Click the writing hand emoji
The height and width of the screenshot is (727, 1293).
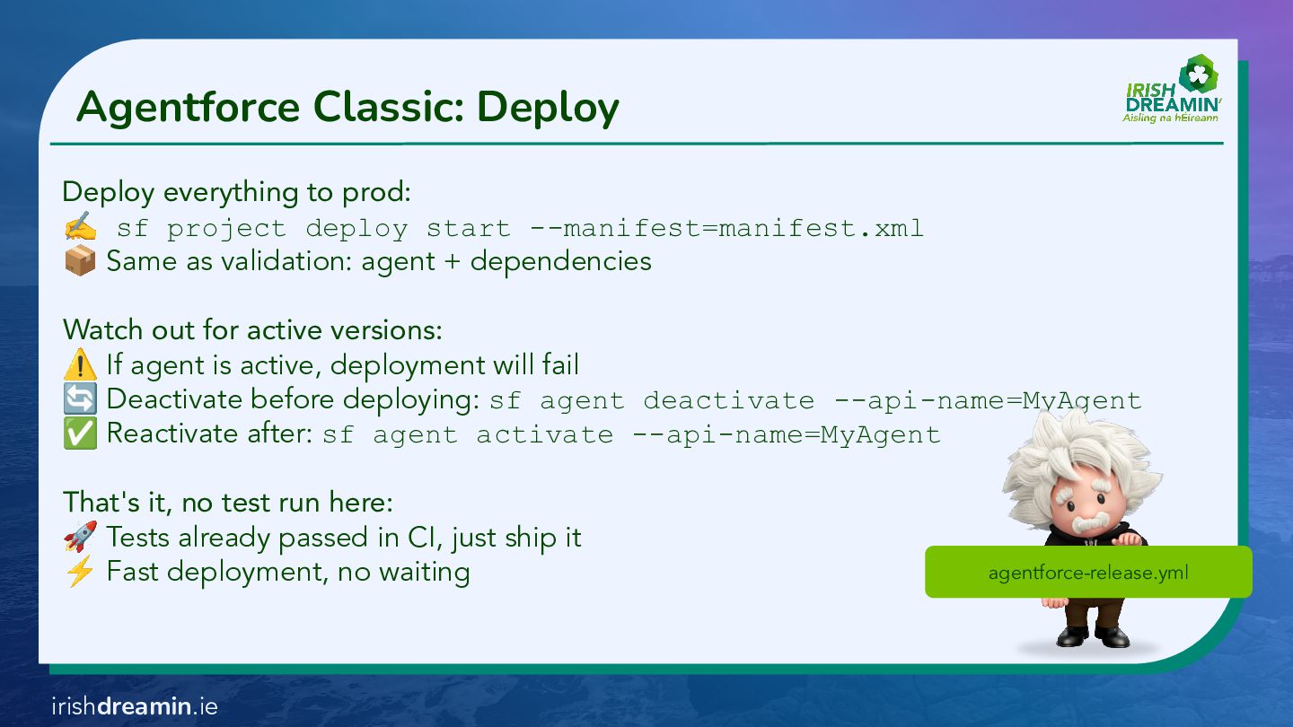click(x=80, y=228)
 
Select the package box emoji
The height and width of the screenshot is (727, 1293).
click(x=80, y=261)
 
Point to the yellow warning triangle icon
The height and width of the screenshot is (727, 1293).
click(x=80, y=365)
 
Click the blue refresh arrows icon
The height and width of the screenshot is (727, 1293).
click(x=80, y=399)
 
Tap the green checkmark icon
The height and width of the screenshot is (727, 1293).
click(x=80, y=434)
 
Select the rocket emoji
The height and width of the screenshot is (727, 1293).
click(x=80, y=538)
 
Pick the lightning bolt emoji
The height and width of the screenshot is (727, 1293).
click(x=80, y=572)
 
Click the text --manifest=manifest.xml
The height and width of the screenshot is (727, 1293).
click(x=726, y=228)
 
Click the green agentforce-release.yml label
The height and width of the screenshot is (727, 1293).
click(x=1088, y=572)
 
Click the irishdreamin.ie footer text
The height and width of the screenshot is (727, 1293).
click(x=135, y=706)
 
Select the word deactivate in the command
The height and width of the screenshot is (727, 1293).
click(x=728, y=400)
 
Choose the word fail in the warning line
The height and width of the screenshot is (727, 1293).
click(x=560, y=365)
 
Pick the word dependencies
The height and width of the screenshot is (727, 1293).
click(x=560, y=261)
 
